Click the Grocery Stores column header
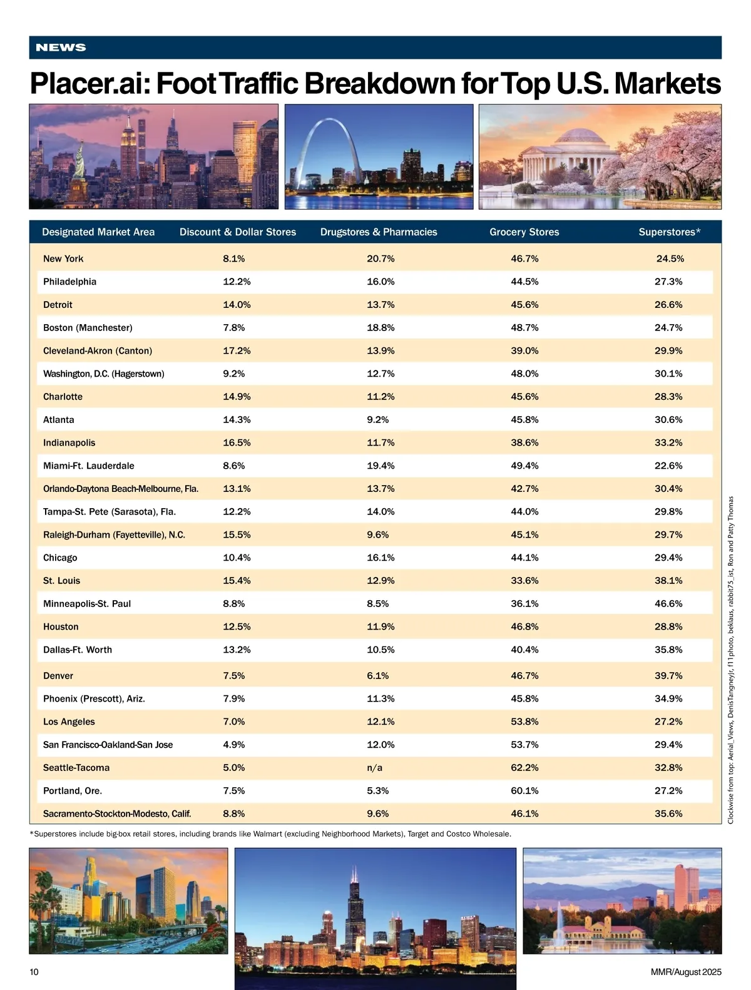pyautogui.click(x=524, y=232)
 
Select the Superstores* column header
pyautogui.click(x=669, y=232)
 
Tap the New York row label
pyautogui.click(x=63, y=259)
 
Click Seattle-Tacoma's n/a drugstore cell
pyautogui.click(x=374, y=768)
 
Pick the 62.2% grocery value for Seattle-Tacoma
pyautogui.click(x=524, y=768)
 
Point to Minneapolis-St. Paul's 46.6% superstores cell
pyautogui.click(x=668, y=604)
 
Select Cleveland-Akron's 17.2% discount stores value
pyautogui.click(x=237, y=351)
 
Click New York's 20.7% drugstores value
pyautogui.click(x=381, y=259)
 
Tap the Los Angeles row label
pyautogui.click(x=69, y=722)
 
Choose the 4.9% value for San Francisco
pyautogui.click(x=234, y=745)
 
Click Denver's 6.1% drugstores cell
pyautogui.click(x=378, y=676)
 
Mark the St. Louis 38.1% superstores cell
pyautogui.click(x=668, y=581)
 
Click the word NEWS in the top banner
pyautogui.click(x=61, y=48)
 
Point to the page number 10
pyautogui.click(x=34, y=972)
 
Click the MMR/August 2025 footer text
pyautogui.click(x=686, y=972)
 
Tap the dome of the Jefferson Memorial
pyautogui.click(x=580, y=138)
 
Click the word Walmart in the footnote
pyautogui.click(x=267, y=834)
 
